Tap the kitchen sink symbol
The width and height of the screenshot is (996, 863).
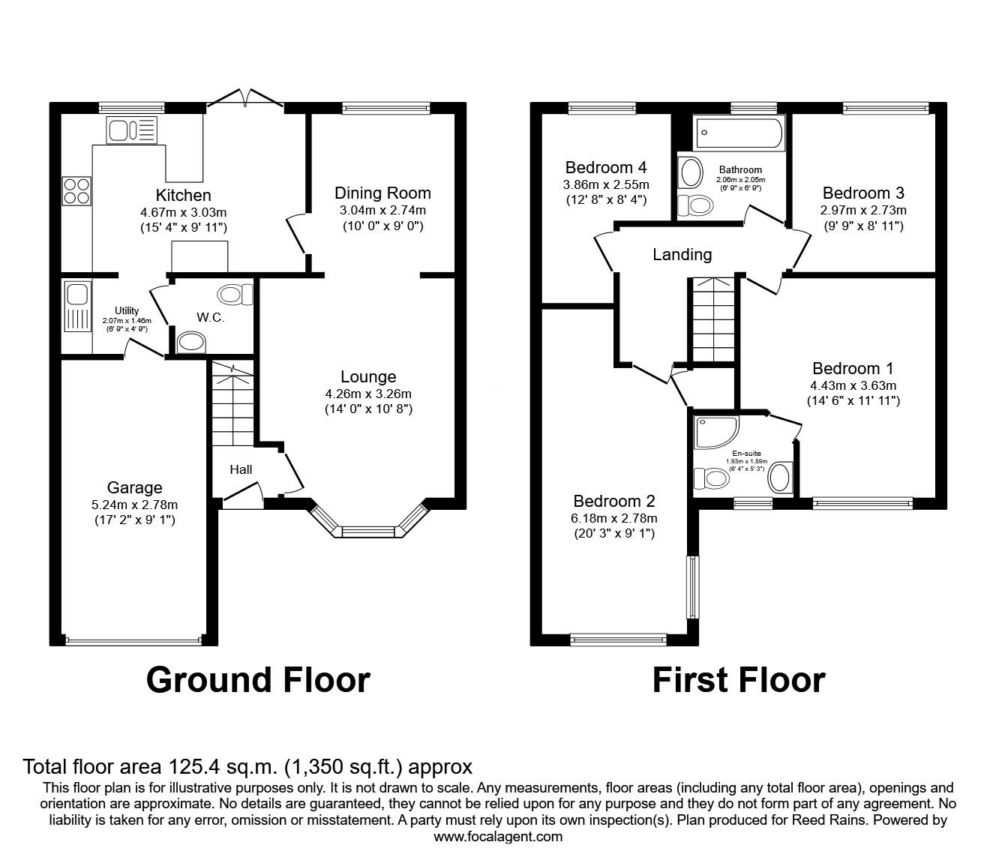point(131,130)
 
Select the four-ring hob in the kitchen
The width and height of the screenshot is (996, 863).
point(76,190)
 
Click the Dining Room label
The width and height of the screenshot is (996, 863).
point(382,193)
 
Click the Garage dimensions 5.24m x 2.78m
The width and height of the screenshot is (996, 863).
point(134,505)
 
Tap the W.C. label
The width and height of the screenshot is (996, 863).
point(211,317)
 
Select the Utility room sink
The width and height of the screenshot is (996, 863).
point(76,306)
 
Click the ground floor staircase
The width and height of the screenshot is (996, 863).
point(232,405)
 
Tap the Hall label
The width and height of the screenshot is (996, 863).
point(241,469)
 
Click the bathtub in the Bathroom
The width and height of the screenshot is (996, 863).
point(739,133)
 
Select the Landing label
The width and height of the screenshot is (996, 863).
point(682,254)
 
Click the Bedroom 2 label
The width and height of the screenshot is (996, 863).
point(614,501)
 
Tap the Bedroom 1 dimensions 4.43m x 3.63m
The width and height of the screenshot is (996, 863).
point(853,385)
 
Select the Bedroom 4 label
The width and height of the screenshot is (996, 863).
point(606,167)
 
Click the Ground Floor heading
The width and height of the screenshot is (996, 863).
point(258,680)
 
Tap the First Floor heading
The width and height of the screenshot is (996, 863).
point(738,680)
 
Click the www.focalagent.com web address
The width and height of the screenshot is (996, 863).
point(498,837)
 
